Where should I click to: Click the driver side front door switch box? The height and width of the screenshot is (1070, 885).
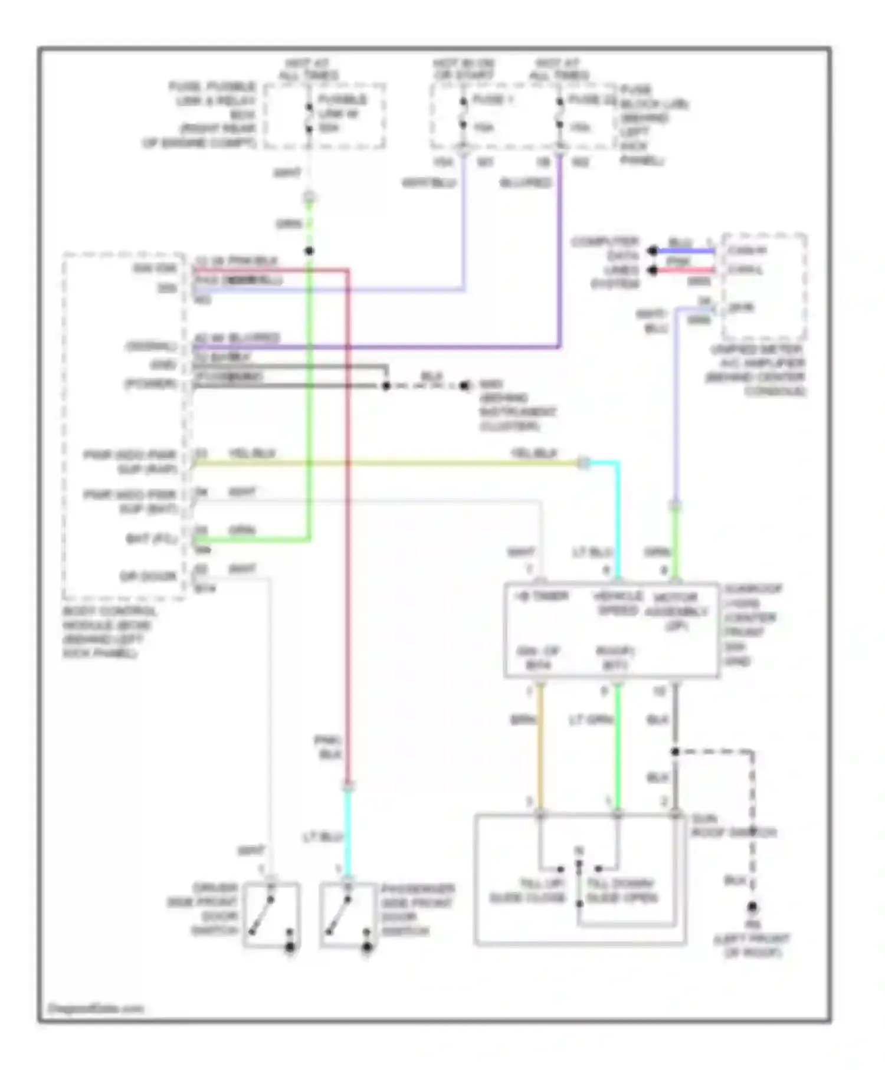pos(271,915)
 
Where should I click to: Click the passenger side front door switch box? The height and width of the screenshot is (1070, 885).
pos(349,915)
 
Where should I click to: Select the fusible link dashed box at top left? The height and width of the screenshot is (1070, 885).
pos(324,116)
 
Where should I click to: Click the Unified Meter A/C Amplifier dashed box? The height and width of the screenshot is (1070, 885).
pos(764,285)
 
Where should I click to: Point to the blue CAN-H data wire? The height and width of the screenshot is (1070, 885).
pos(684,251)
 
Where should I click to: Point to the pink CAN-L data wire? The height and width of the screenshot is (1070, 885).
pos(684,270)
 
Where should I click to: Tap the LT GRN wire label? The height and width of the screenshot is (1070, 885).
pos(591,720)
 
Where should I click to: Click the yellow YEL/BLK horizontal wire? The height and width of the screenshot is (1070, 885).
pos(383,464)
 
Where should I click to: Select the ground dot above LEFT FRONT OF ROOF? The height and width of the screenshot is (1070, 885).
pos(752,907)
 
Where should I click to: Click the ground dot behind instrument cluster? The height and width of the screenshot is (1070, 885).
pos(465,386)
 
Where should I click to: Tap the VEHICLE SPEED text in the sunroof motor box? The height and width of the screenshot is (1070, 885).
pos(617,603)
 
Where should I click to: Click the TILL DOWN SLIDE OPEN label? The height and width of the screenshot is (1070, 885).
pos(621,891)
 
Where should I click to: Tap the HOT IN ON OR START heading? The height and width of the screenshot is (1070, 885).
pos(464,69)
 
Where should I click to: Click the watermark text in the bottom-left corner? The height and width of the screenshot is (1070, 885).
pos(95,1009)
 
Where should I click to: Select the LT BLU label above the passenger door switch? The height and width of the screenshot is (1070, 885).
pos(322,837)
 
